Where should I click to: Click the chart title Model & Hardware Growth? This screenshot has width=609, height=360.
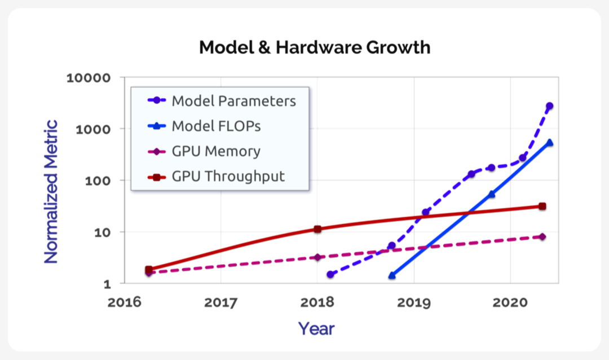coord(315,47)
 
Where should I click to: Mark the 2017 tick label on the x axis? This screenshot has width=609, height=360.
coord(220,303)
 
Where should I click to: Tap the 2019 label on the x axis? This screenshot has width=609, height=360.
coord(414,303)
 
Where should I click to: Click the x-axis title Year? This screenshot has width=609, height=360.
coord(316,328)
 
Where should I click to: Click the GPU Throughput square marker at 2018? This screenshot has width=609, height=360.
coord(317,229)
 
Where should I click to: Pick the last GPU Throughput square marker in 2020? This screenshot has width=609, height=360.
coord(542,207)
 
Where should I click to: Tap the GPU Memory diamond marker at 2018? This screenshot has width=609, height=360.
coord(317,257)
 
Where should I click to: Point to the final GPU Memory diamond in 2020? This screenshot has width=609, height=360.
coord(542,236)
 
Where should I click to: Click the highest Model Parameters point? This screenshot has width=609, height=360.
coord(549,106)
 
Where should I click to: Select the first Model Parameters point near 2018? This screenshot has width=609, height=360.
coord(330,275)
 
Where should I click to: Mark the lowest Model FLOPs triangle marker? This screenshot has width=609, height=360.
coord(392,275)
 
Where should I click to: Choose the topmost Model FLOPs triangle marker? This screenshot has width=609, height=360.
coord(549,143)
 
